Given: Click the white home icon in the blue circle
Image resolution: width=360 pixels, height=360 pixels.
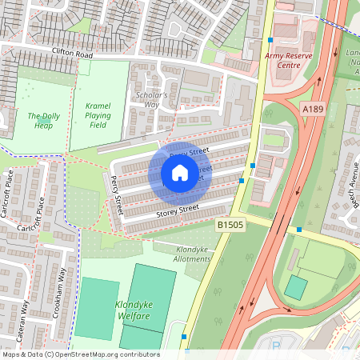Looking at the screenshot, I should pos(179,173).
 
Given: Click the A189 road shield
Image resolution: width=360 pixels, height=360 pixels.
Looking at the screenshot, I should pos(313,107).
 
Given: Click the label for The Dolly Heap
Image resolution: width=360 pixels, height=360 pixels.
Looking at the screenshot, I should pos(44,121).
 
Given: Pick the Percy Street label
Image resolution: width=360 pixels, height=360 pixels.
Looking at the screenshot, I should pos(118,194).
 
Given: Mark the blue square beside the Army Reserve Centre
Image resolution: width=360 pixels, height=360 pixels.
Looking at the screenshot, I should pos(270,39).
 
